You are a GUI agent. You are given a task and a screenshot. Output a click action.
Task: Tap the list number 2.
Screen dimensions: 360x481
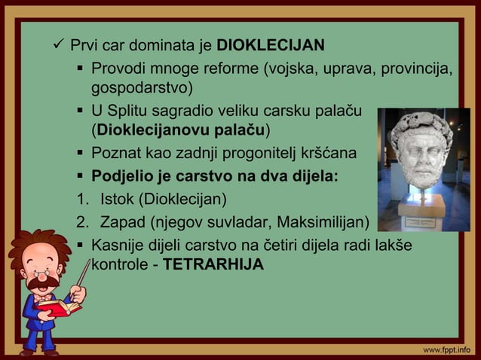coord(81,222)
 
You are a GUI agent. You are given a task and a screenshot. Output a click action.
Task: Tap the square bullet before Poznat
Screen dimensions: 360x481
coord(79,154)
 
